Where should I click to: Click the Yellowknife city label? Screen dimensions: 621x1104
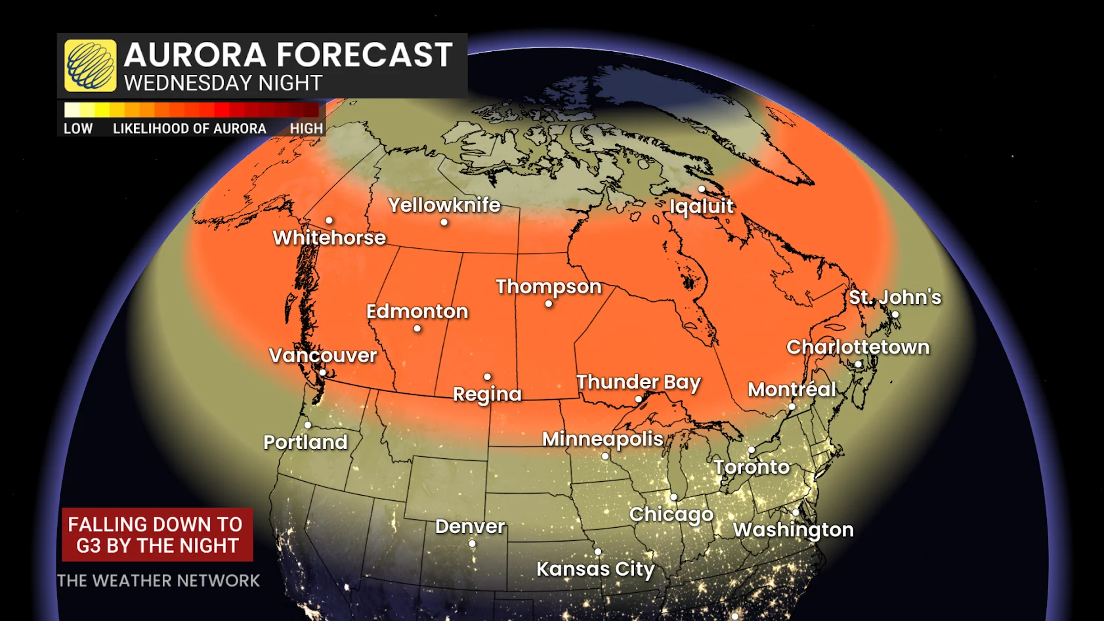pyautogui.click(x=444, y=205)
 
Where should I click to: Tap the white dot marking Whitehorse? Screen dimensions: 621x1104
pyautogui.click(x=329, y=221)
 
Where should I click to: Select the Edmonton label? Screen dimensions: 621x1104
pyautogui.click(x=417, y=311)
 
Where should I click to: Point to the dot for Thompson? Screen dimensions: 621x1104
pyautogui.click(x=549, y=304)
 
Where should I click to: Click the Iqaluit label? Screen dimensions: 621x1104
pyautogui.click(x=701, y=206)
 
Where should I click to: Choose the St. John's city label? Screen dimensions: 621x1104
pyautogui.click(x=895, y=297)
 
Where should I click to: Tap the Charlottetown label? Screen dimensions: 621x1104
pyautogui.click(x=857, y=347)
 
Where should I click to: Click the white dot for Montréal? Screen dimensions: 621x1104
pyautogui.click(x=792, y=407)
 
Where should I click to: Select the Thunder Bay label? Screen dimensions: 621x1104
pyautogui.click(x=638, y=382)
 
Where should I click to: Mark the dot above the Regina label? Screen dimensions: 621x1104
pyautogui.click(x=487, y=377)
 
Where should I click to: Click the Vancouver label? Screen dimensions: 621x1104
pyautogui.click(x=323, y=355)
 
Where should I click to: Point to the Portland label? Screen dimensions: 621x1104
pyautogui.click(x=305, y=442)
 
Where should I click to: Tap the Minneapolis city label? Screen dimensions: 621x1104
pyautogui.click(x=602, y=439)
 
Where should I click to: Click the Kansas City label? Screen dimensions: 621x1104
pyautogui.click(x=595, y=568)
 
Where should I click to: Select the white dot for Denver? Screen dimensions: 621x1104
pyautogui.click(x=472, y=544)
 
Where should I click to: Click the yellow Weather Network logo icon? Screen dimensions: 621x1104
pyautogui.click(x=91, y=66)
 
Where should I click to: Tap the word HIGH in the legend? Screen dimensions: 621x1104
pyautogui.click(x=307, y=129)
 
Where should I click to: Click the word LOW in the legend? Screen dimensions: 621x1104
pyautogui.click(x=78, y=129)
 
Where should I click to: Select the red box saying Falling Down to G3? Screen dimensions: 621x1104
pyautogui.click(x=157, y=534)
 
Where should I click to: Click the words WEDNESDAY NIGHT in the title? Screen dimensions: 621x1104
pyautogui.click(x=223, y=83)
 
